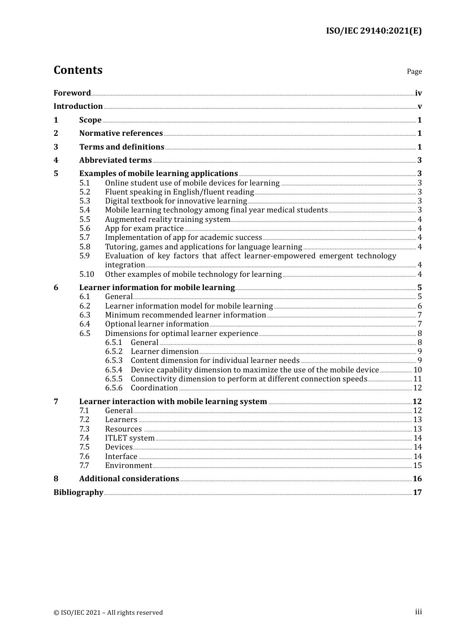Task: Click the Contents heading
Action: pos(78,70)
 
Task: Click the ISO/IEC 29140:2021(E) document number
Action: pos(373,31)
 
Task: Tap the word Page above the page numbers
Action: pos(414,71)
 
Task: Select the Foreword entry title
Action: pos(72,93)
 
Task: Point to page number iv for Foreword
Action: pos(418,93)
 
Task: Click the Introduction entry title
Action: pos(78,106)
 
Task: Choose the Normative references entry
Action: pos(121,133)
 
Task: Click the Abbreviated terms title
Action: pos(115,160)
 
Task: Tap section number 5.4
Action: pos(85,210)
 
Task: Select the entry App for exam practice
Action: pos(144,229)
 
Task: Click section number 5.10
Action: pos(87,274)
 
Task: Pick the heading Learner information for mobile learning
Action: pos(157,288)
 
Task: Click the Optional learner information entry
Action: pos(157,324)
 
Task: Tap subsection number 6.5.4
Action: pos(114,370)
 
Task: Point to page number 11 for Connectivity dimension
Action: pos(417,379)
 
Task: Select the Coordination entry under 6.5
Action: pos(154,388)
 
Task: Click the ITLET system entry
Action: pos(130,438)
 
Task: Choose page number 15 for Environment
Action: pos(417,466)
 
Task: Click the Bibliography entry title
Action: pos(78,493)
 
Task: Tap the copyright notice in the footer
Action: pos(108,612)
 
